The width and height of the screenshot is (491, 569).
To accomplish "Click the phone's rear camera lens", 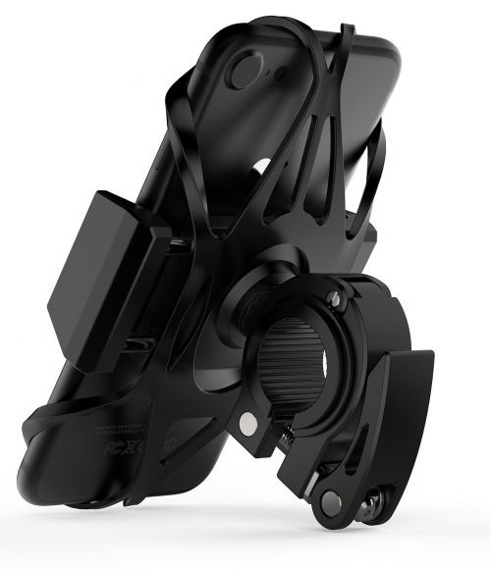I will coord(247,72).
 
